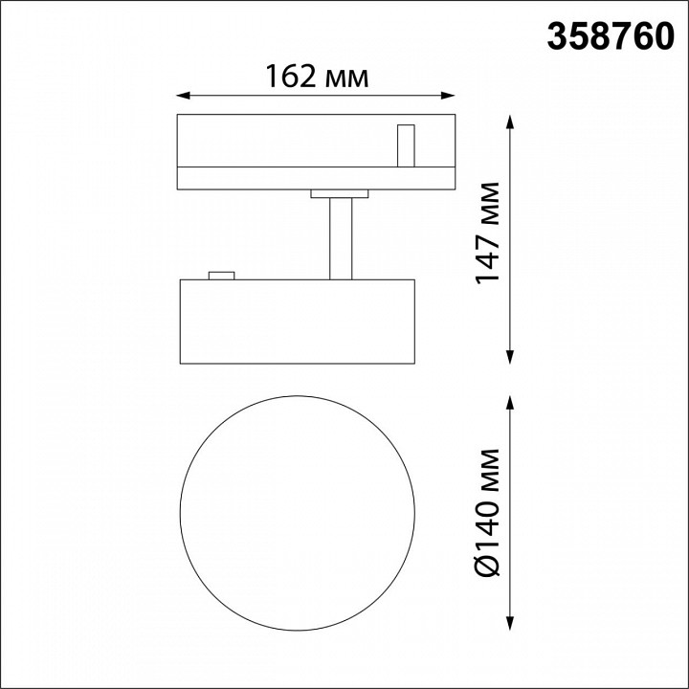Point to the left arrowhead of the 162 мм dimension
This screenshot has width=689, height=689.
click(x=184, y=95)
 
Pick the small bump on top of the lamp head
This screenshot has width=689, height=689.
click(x=221, y=276)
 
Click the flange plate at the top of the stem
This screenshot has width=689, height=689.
click(x=340, y=194)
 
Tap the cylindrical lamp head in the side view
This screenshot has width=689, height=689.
click(x=297, y=322)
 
